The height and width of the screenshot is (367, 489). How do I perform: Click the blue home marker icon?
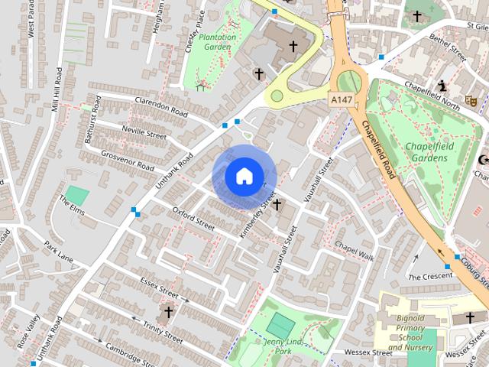[244, 176]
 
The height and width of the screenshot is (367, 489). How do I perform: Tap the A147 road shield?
[340, 100]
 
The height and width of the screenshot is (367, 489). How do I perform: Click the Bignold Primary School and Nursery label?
[410, 333]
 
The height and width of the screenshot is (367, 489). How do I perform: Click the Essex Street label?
[159, 287]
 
